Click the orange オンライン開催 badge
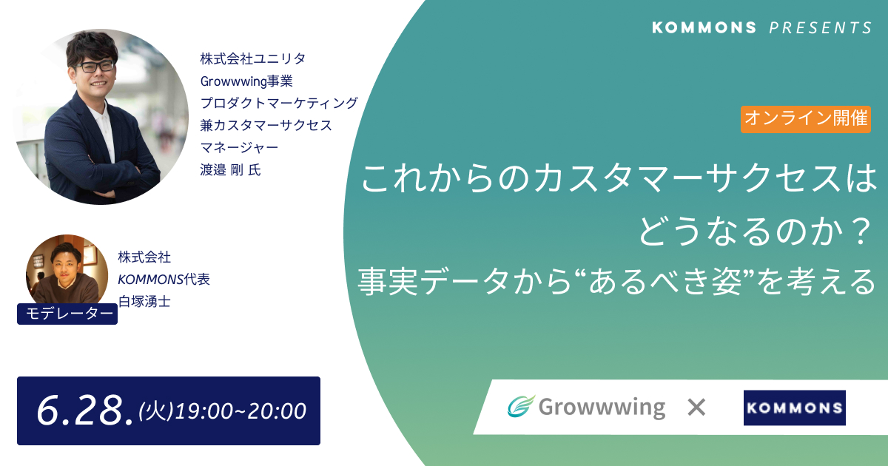tap(806, 119)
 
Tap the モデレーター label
tap(67, 314)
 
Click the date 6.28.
tap(84, 411)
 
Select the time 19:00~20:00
tap(240, 411)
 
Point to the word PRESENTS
tap(821, 28)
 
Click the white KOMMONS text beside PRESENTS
tap(704, 28)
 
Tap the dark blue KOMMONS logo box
tap(795, 408)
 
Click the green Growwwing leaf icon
tap(521, 406)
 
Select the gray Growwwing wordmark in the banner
tap(602, 408)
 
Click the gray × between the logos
tap(696, 408)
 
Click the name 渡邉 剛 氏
tap(230, 170)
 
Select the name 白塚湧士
tap(144, 302)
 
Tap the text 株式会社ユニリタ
tap(253, 58)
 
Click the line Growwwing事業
tap(246, 81)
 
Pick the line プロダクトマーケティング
tap(279, 103)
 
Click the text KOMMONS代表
tap(164, 280)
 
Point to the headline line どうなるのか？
tap(756, 232)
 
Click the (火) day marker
tap(156, 411)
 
